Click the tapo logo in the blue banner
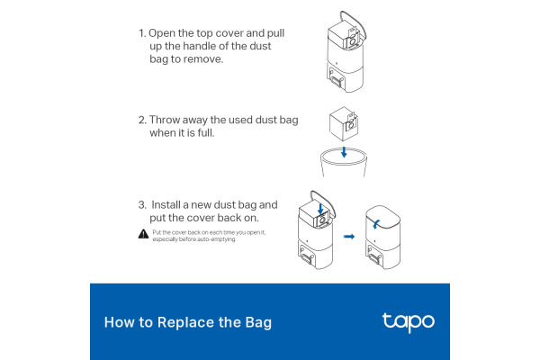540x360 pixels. point(408,321)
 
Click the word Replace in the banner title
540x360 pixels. point(169,322)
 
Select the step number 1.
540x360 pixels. point(141,33)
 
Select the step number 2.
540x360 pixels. point(141,120)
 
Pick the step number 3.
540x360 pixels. point(141,204)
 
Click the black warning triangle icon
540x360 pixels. point(143,234)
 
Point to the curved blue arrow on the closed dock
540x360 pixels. point(378,223)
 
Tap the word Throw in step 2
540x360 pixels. point(168,120)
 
